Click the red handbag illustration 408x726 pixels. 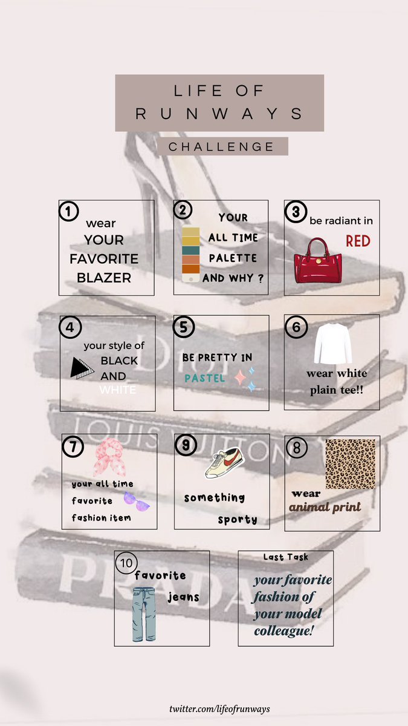318,260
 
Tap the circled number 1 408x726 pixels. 69,211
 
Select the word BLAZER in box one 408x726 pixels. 104,278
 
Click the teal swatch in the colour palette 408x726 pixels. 191,250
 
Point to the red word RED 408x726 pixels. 358,241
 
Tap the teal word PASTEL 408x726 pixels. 205,378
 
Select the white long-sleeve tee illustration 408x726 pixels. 333,344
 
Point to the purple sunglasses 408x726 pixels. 137,501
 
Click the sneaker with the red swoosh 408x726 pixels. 224,462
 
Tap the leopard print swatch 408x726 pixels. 351,464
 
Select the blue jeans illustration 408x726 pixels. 144,615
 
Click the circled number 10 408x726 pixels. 126,563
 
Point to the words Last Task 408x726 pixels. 285,557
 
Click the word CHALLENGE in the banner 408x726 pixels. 221,147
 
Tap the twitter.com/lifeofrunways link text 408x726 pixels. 219,708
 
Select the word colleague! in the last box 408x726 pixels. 283,630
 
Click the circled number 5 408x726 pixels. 184,327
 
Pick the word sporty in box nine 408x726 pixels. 238,520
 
